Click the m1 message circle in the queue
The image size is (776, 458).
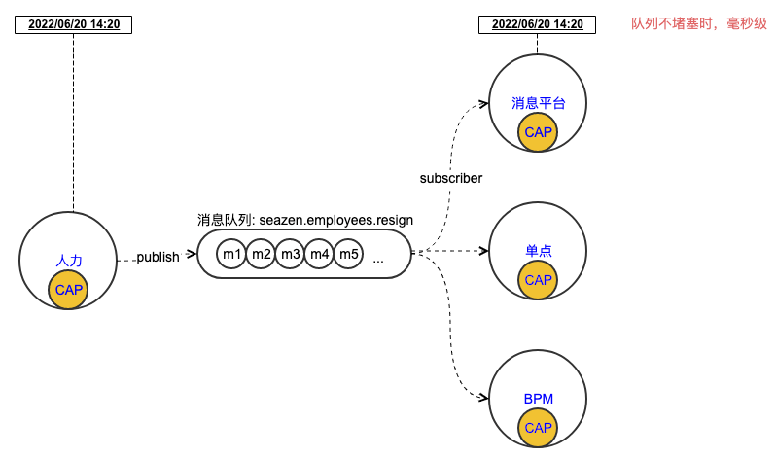pyautogui.click(x=231, y=255)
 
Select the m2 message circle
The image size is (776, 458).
pyautogui.click(x=261, y=255)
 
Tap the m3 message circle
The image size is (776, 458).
pyautogui.click(x=290, y=255)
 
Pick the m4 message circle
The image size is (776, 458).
pyautogui.click(x=319, y=255)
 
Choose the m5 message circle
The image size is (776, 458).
pyautogui.click(x=348, y=255)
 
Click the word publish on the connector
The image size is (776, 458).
pyautogui.click(x=158, y=257)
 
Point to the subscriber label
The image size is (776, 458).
pyautogui.click(x=451, y=178)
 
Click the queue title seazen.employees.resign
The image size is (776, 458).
pyautogui.click(x=304, y=220)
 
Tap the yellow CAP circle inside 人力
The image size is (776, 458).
pyautogui.click(x=68, y=289)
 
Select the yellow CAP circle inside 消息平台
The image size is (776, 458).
pyautogui.click(x=538, y=131)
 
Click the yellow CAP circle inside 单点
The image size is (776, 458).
pyautogui.click(x=538, y=279)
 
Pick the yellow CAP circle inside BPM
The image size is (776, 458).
pyautogui.click(x=538, y=428)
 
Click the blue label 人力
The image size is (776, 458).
pyautogui.click(x=69, y=261)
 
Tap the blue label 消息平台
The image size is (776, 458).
pyautogui.click(x=538, y=103)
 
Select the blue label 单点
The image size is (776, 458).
pyautogui.click(x=538, y=251)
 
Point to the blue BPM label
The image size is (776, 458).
pyautogui.click(x=538, y=400)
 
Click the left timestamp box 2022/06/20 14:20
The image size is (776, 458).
pyautogui.click(x=74, y=24)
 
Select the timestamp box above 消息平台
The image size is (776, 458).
pyautogui.click(x=538, y=24)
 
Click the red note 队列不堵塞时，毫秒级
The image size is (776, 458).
pyautogui.click(x=698, y=23)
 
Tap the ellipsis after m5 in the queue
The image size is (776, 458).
pyautogui.click(x=378, y=259)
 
